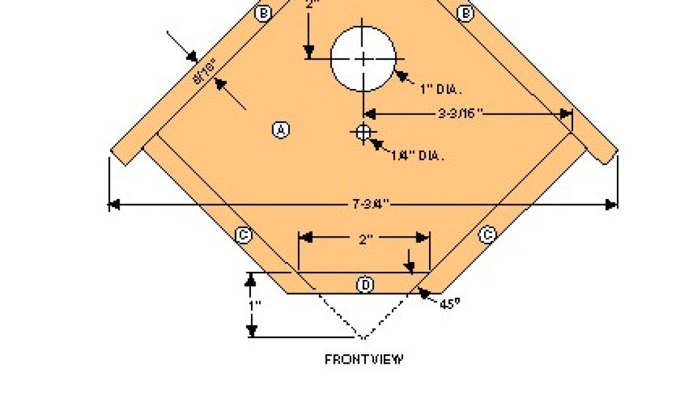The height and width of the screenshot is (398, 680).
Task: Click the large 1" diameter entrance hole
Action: [x=363, y=58]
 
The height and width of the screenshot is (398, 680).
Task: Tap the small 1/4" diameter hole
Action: [x=363, y=133]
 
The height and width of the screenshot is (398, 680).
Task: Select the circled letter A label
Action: [x=281, y=129]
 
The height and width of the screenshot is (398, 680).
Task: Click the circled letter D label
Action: [x=365, y=285]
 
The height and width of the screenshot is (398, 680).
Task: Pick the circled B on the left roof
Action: [x=264, y=13]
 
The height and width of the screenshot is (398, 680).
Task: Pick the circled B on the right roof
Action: [x=466, y=13]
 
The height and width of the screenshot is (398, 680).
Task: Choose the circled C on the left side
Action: [x=244, y=235]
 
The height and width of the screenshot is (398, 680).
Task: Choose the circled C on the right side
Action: [x=487, y=234]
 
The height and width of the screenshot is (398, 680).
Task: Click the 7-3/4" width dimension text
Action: [x=370, y=204]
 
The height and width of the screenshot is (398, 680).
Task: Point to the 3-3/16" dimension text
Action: [x=460, y=113]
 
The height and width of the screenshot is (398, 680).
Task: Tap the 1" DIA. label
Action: [x=441, y=90]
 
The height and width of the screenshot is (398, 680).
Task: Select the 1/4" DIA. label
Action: [x=417, y=156]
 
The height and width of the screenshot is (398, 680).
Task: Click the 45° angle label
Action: [x=450, y=303]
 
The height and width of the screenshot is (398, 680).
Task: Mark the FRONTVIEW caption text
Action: [x=364, y=360]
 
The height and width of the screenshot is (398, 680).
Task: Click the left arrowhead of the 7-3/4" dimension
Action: [x=114, y=204]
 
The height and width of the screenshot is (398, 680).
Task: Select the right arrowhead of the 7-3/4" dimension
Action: [x=612, y=204]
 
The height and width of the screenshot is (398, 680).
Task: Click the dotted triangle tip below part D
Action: [x=363, y=336]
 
